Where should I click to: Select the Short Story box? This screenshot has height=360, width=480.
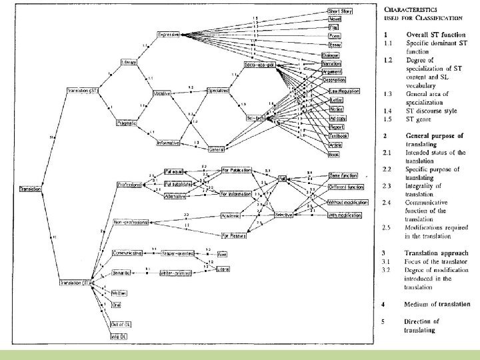pyautogui.click(x=339, y=11)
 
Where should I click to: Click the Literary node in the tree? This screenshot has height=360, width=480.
pyautogui.click(x=129, y=62)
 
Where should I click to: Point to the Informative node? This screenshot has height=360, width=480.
pyautogui.click(x=169, y=143)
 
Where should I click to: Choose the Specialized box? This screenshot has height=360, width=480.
pyautogui.click(x=219, y=90)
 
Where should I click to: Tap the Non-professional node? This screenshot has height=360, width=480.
pyautogui.click(x=131, y=222)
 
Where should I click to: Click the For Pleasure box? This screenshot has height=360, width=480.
pyautogui.click(x=234, y=235)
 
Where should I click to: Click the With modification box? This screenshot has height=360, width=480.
pyautogui.click(x=345, y=215)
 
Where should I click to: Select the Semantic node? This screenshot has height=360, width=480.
pyautogui.click(x=121, y=272)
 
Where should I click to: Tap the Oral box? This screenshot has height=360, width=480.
pyautogui.click(x=117, y=307)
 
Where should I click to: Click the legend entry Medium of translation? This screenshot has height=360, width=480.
pyautogui.click(x=437, y=304)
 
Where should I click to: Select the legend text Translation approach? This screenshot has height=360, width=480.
pyautogui.click(x=436, y=253)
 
